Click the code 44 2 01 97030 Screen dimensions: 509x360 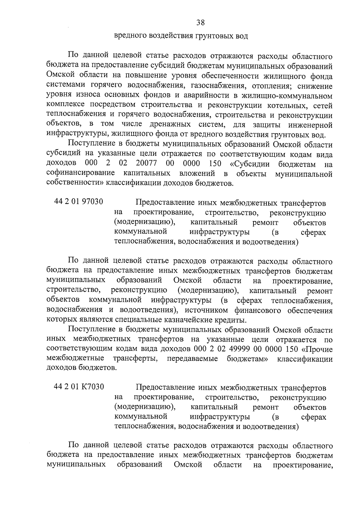79,202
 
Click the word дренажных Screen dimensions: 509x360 166,125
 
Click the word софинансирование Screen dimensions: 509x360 81,173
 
